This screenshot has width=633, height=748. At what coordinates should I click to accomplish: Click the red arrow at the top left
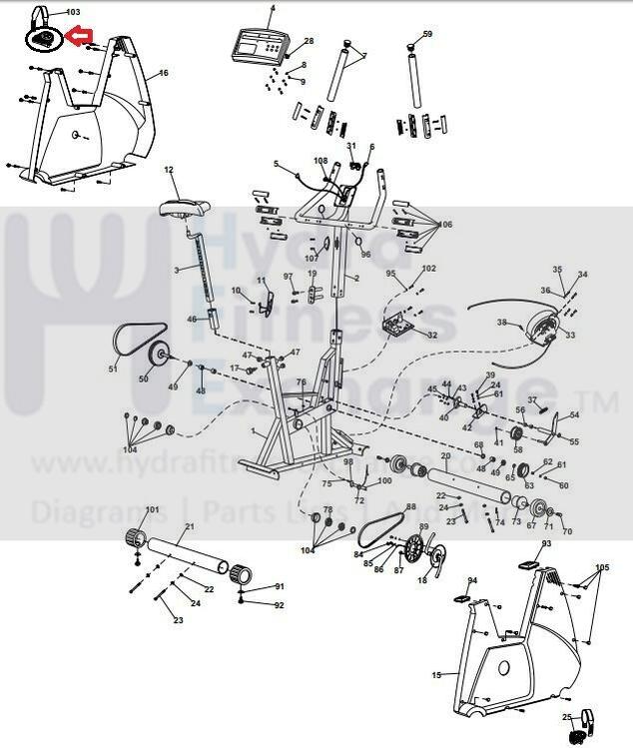tap(78, 39)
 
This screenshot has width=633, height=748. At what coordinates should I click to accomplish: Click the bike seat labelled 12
tap(180, 211)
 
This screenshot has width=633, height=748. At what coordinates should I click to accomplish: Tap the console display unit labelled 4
tap(258, 45)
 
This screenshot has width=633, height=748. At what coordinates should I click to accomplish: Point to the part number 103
tap(73, 11)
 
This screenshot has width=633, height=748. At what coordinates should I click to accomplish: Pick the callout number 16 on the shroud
tap(163, 73)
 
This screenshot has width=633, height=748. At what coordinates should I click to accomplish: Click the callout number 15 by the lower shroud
tap(435, 675)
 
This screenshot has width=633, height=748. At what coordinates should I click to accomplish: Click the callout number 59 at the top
tap(427, 34)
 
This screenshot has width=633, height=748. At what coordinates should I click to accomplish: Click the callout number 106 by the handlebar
tap(445, 225)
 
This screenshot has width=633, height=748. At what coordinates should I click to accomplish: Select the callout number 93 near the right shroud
tap(546, 544)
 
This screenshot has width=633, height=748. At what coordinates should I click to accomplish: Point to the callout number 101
tap(152, 510)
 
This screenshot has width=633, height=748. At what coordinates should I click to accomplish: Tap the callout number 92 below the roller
tap(279, 605)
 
